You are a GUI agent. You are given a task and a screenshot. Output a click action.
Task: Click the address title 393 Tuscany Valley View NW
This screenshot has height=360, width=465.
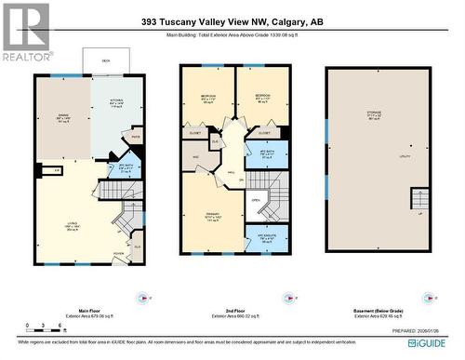234,22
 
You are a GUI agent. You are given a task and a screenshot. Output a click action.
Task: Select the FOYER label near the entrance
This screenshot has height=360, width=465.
118,253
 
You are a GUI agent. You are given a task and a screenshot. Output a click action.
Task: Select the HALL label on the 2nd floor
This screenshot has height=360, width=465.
229,172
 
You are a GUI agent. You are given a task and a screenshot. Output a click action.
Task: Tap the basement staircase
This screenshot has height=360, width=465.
421,199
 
